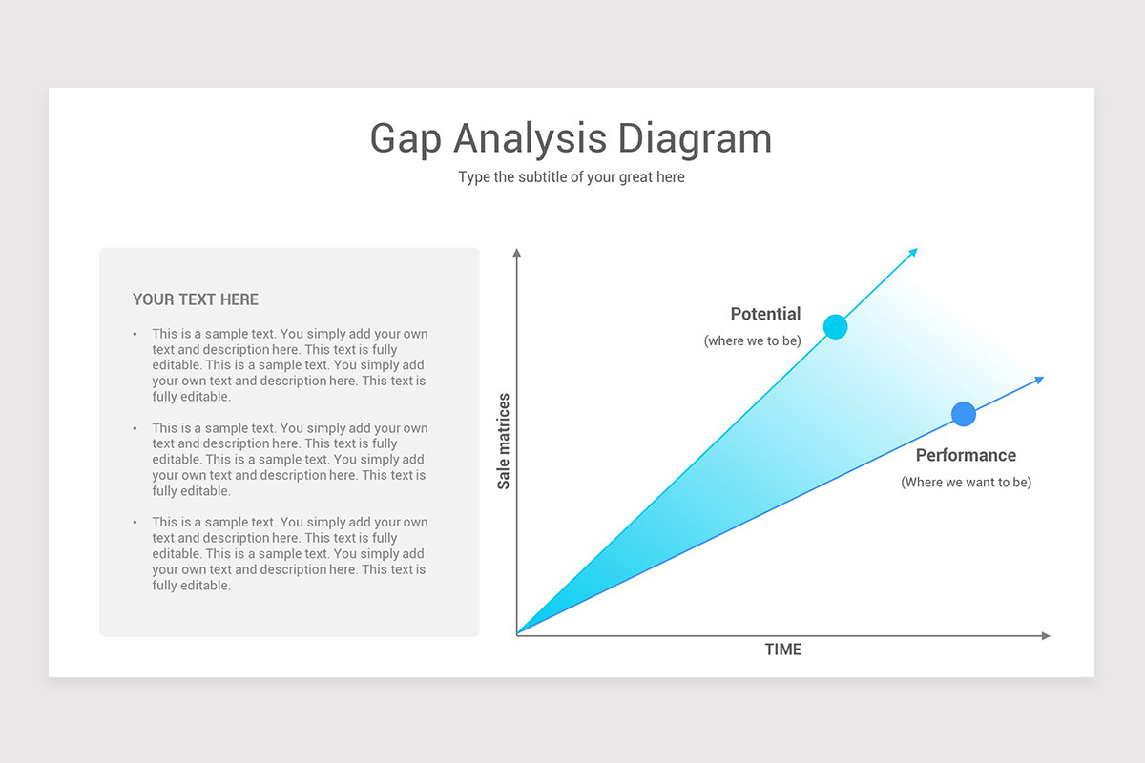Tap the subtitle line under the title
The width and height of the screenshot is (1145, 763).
[572, 177]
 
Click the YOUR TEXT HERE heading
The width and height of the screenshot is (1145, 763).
[196, 299]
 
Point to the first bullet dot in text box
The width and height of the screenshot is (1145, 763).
[135, 335]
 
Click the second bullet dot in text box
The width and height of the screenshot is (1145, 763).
[135, 428]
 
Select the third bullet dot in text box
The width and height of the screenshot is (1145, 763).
[135, 523]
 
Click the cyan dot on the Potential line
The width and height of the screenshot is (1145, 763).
[835, 327]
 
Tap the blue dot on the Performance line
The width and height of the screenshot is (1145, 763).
[964, 414]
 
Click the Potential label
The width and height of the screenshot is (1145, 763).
[765, 314]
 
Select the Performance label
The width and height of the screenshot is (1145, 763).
[966, 455]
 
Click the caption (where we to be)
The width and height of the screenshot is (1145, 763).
[752, 340]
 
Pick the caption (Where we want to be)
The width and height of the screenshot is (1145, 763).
[966, 483]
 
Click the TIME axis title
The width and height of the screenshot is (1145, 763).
[783, 650]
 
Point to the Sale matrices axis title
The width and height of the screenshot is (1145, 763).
[504, 441]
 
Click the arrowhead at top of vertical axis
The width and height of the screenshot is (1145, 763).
[517, 254]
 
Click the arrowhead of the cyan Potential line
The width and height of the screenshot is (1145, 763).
[913, 253]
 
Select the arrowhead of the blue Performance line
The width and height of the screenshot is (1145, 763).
[1039, 380]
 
